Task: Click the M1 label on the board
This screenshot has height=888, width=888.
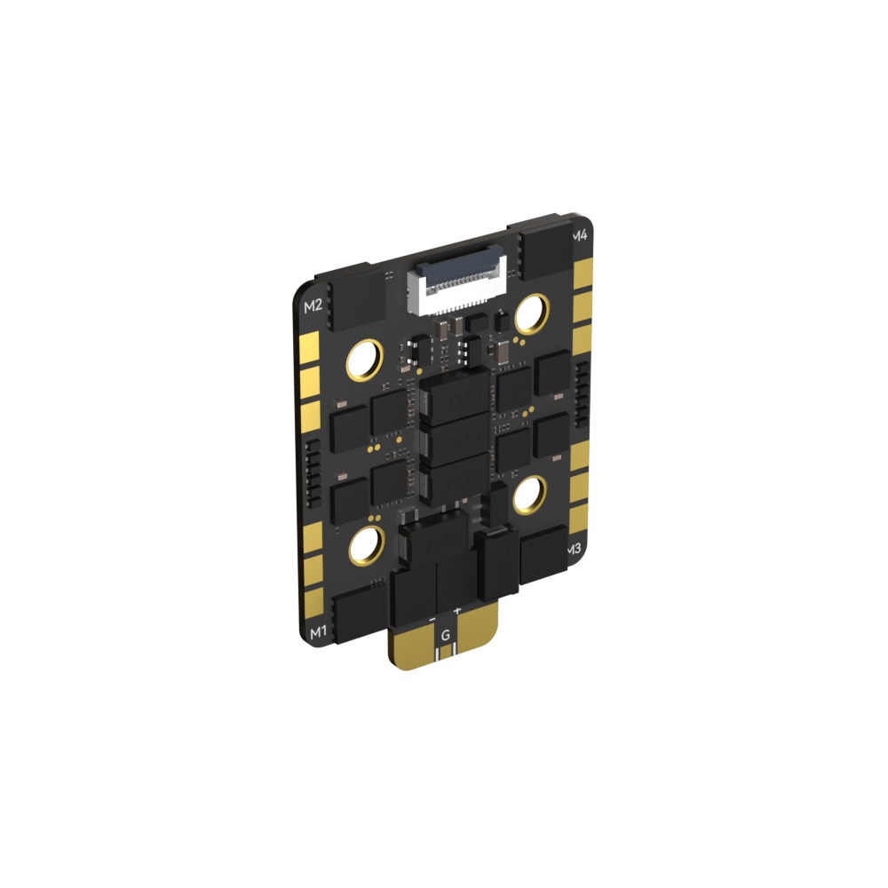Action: pos(316,631)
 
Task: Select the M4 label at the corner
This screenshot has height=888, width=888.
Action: pos(579,235)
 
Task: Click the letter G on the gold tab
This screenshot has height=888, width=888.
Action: pos(445,636)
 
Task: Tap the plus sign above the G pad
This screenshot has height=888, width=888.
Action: pos(457,611)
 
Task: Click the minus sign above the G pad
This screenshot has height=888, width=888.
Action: pos(432,615)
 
